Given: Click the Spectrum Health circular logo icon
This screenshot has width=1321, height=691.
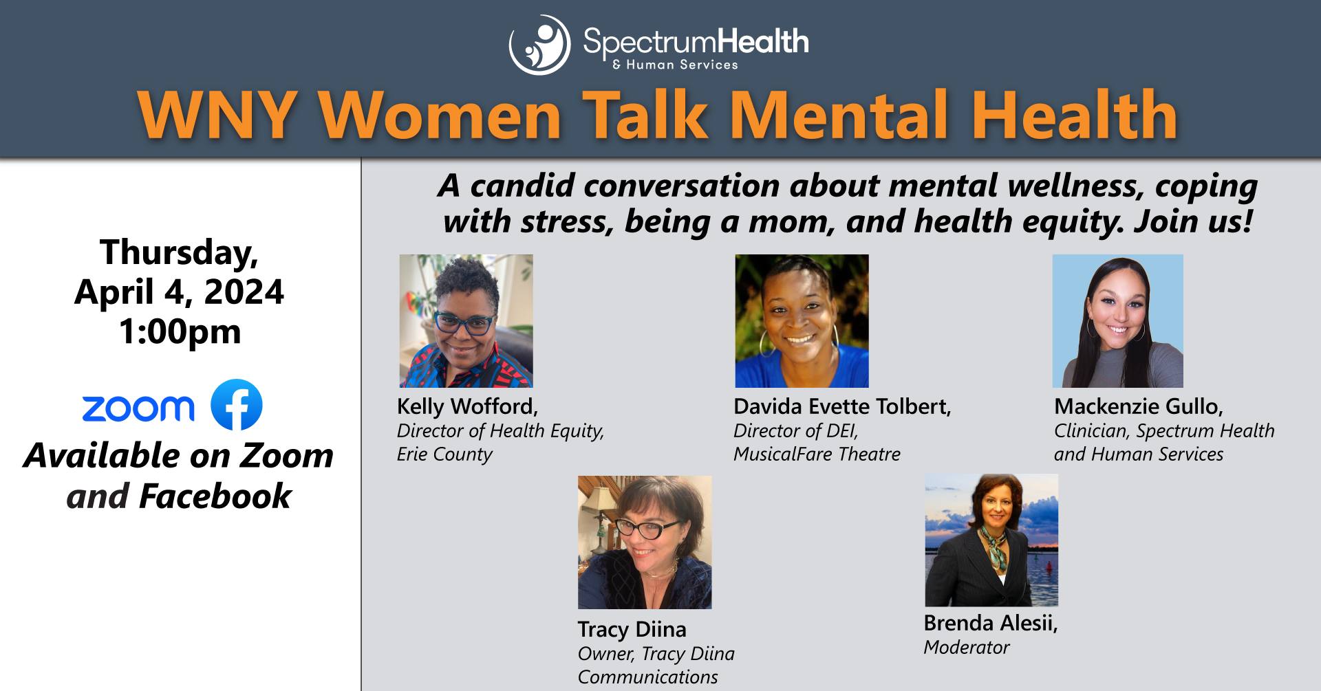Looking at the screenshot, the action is click(x=539, y=45).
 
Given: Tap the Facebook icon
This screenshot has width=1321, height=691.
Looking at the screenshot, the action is click(x=236, y=404).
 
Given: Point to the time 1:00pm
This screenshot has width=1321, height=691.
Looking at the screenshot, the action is click(x=180, y=331).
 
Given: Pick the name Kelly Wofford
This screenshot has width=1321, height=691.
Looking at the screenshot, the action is click(x=467, y=406).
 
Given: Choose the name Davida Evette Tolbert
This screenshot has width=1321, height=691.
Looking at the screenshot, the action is click(x=842, y=406).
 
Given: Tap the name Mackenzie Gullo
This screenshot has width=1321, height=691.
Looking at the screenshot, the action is click(x=1139, y=406).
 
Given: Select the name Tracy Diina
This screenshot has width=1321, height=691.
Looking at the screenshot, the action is click(x=632, y=629).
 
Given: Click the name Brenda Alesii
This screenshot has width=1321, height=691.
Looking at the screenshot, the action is click(x=991, y=623).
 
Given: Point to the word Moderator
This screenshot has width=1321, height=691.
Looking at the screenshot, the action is click(x=967, y=647).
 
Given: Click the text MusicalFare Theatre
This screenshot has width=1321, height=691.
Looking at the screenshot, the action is click(x=817, y=454).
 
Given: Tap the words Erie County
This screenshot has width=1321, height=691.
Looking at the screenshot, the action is click(x=444, y=454).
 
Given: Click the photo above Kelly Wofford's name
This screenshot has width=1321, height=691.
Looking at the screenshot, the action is click(x=466, y=321).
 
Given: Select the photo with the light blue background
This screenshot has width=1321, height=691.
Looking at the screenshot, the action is click(x=1118, y=321).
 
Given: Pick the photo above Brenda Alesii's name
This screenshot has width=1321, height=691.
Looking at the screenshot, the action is click(x=991, y=540).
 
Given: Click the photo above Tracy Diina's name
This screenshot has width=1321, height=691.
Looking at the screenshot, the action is click(x=645, y=542).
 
